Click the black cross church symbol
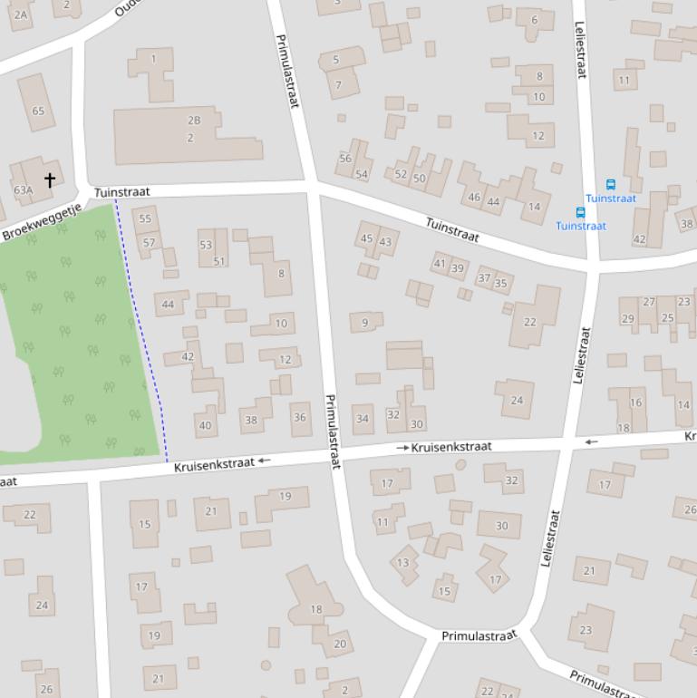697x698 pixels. click(50, 179)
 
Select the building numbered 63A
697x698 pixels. click(24, 189)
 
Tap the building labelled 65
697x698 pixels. click(37, 111)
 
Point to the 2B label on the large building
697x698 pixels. click(193, 120)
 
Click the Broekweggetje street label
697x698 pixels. click(42, 222)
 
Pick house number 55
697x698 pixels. click(145, 218)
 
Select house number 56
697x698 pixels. click(345, 158)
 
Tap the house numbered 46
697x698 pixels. click(474, 197)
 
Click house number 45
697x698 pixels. click(367, 238)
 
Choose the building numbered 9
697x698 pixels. click(365, 322)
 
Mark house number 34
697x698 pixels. click(363, 418)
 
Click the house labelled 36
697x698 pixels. click(300, 417)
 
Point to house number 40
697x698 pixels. click(205, 424)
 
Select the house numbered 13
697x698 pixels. click(403, 562)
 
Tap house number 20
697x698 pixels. click(339, 644)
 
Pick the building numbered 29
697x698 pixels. click(627, 318)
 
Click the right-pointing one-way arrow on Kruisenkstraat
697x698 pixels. click(402, 448)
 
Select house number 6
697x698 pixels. click(534, 20)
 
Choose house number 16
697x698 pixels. click(635, 402)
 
